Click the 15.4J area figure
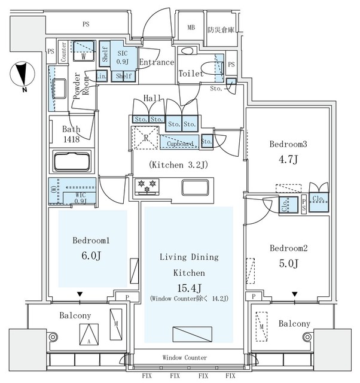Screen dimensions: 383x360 pyautogui.click(x=188, y=288)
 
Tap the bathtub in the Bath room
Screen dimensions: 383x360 pyautogui.click(x=72, y=163)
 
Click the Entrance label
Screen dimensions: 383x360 pyautogui.click(x=156, y=62)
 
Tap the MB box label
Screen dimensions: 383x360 pyautogui.click(x=191, y=28)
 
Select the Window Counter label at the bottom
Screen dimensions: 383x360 pyautogui.click(x=185, y=357)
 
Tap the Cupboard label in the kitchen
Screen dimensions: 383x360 pyautogui.click(x=179, y=144)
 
